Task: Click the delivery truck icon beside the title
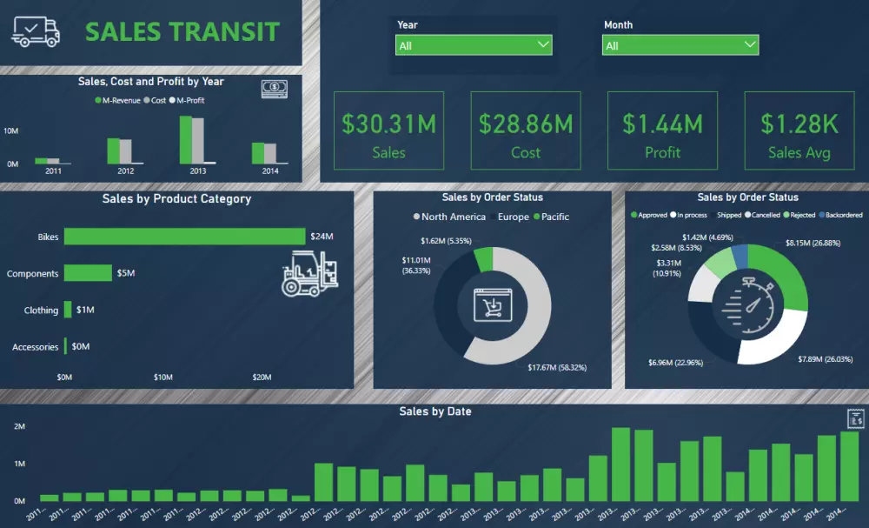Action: [x=36, y=32]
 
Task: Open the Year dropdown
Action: [x=474, y=45]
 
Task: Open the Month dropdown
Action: [x=680, y=45]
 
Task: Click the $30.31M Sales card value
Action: [x=388, y=124]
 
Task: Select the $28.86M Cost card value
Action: [x=526, y=124]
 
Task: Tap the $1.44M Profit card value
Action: [x=662, y=124]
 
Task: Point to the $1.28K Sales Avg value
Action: [x=799, y=124]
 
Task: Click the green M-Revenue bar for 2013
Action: [x=186, y=140]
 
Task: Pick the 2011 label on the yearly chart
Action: [x=54, y=171]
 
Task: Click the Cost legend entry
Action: [x=157, y=101]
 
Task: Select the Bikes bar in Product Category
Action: [x=184, y=237]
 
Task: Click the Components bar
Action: [x=88, y=273]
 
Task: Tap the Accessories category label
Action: [x=36, y=347]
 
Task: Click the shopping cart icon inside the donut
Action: [x=492, y=305]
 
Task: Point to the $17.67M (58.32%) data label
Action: [x=557, y=368]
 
